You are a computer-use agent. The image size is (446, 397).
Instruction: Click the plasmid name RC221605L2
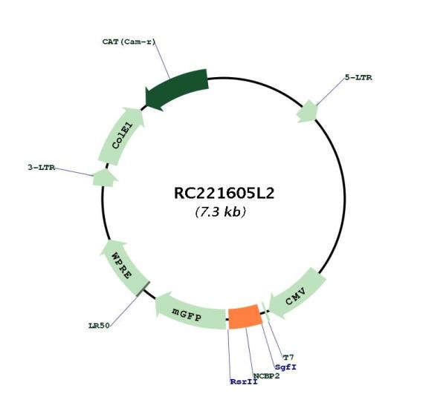tap(224, 194)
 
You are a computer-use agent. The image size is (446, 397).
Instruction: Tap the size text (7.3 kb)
tap(221, 211)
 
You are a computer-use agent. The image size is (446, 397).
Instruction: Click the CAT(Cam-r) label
tap(129, 42)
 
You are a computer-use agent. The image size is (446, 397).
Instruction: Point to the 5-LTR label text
tap(358, 77)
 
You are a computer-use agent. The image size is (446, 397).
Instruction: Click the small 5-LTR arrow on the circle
tap(306, 111)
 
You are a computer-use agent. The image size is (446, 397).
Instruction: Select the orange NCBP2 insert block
tap(245, 317)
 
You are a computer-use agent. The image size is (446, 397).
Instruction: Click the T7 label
tap(288, 357)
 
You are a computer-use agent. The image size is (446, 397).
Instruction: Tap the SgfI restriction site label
tap(286, 367)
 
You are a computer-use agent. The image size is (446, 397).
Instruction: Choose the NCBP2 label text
tap(267, 376)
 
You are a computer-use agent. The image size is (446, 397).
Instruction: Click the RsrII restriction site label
tap(244, 382)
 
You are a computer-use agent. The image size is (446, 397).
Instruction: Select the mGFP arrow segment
tap(190, 312)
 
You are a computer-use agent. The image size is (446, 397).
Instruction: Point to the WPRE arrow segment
tap(123, 266)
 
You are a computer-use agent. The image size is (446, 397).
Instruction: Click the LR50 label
tap(99, 326)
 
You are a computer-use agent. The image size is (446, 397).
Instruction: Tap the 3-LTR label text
tap(41, 168)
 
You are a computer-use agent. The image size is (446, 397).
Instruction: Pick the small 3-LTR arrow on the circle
tap(105, 177)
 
